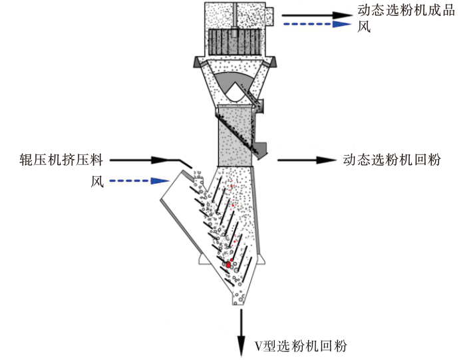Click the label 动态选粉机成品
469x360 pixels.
407,12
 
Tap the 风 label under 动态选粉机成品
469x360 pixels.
363,27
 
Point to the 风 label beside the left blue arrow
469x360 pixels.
97,181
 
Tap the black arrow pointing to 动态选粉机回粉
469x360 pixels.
307,160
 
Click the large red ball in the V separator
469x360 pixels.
228,264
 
